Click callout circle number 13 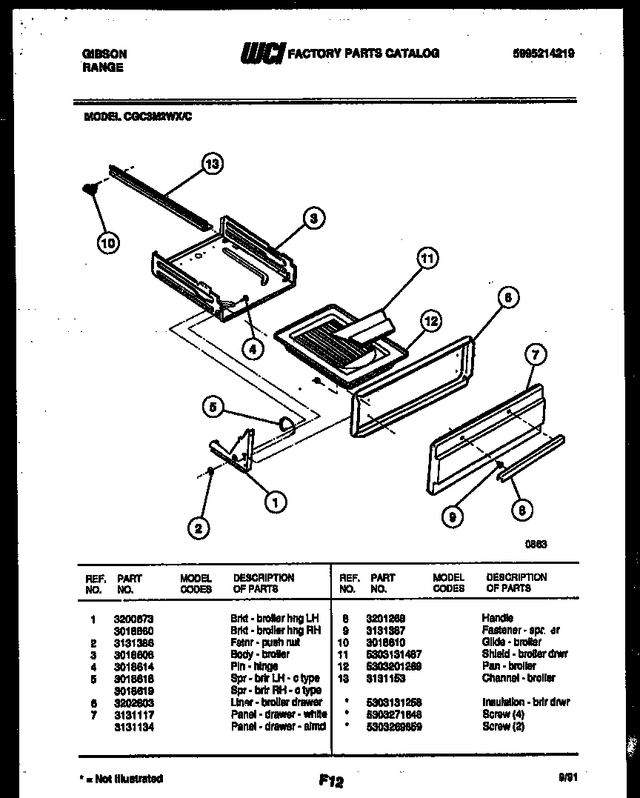(x=213, y=164)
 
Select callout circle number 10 (x=108, y=242)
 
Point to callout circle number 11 (x=426, y=259)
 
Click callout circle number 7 (x=536, y=355)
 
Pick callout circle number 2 (x=197, y=528)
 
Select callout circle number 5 (x=213, y=406)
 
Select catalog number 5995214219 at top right (x=543, y=53)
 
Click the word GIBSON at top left (x=103, y=54)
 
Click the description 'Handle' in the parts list (x=497, y=618)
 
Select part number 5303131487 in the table (x=394, y=654)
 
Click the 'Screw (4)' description (x=503, y=714)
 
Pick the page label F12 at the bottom (x=331, y=780)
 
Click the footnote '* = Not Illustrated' (x=121, y=778)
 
